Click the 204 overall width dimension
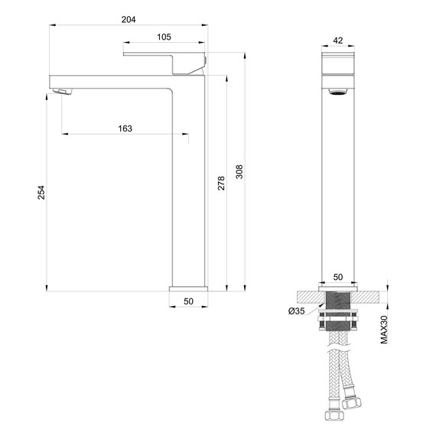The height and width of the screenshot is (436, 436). pyautogui.click(x=128, y=19)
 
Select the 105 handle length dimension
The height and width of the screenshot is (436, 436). pyautogui.click(x=164, y=37)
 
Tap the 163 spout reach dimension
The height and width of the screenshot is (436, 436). pyautogui.click(x=125, y=129)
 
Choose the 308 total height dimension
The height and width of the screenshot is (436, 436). pyautogui.click(x=239, y=173)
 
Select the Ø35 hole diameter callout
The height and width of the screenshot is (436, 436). pyautogui.click(x=297, y=311)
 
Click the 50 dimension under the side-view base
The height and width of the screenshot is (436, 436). pyautogui.click(x=187, y=302)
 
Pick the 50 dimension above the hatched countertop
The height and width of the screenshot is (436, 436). pyautogui.click(x=338, y=279)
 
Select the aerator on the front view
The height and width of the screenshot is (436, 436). pyautogui.click(x=338, y=93)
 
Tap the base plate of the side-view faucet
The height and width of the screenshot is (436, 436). pyautogui.click(x=187, y=288)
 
